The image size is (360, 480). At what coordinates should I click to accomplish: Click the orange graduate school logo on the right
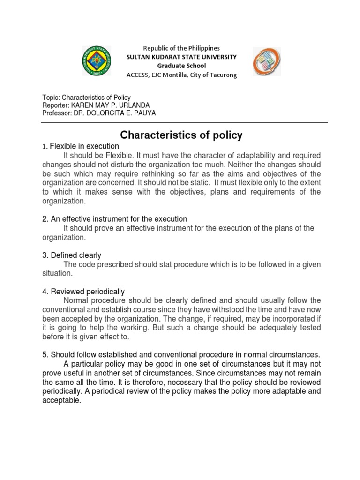[x=268, y=62]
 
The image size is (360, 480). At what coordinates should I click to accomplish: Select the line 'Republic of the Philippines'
[x=181, y=48]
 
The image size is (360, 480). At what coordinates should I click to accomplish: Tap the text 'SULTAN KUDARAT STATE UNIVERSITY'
[x=182, y=57]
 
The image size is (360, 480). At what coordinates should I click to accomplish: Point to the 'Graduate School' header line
[x=182, y=66]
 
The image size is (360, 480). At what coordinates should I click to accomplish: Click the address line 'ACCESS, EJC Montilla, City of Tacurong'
[x=182, y=75]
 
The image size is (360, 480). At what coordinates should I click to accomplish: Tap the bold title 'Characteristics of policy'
[x=181, y=135]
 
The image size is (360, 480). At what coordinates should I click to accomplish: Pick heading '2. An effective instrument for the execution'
[x=114, y=219]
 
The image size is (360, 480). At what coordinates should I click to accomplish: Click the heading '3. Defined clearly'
[x=72, y=255]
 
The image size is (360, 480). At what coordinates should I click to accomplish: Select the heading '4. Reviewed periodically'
[x=83, y=292]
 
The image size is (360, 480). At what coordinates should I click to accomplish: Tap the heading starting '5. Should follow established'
[x=181, y=355]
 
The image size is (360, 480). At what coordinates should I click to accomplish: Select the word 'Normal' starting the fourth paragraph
[x=75, y=300]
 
